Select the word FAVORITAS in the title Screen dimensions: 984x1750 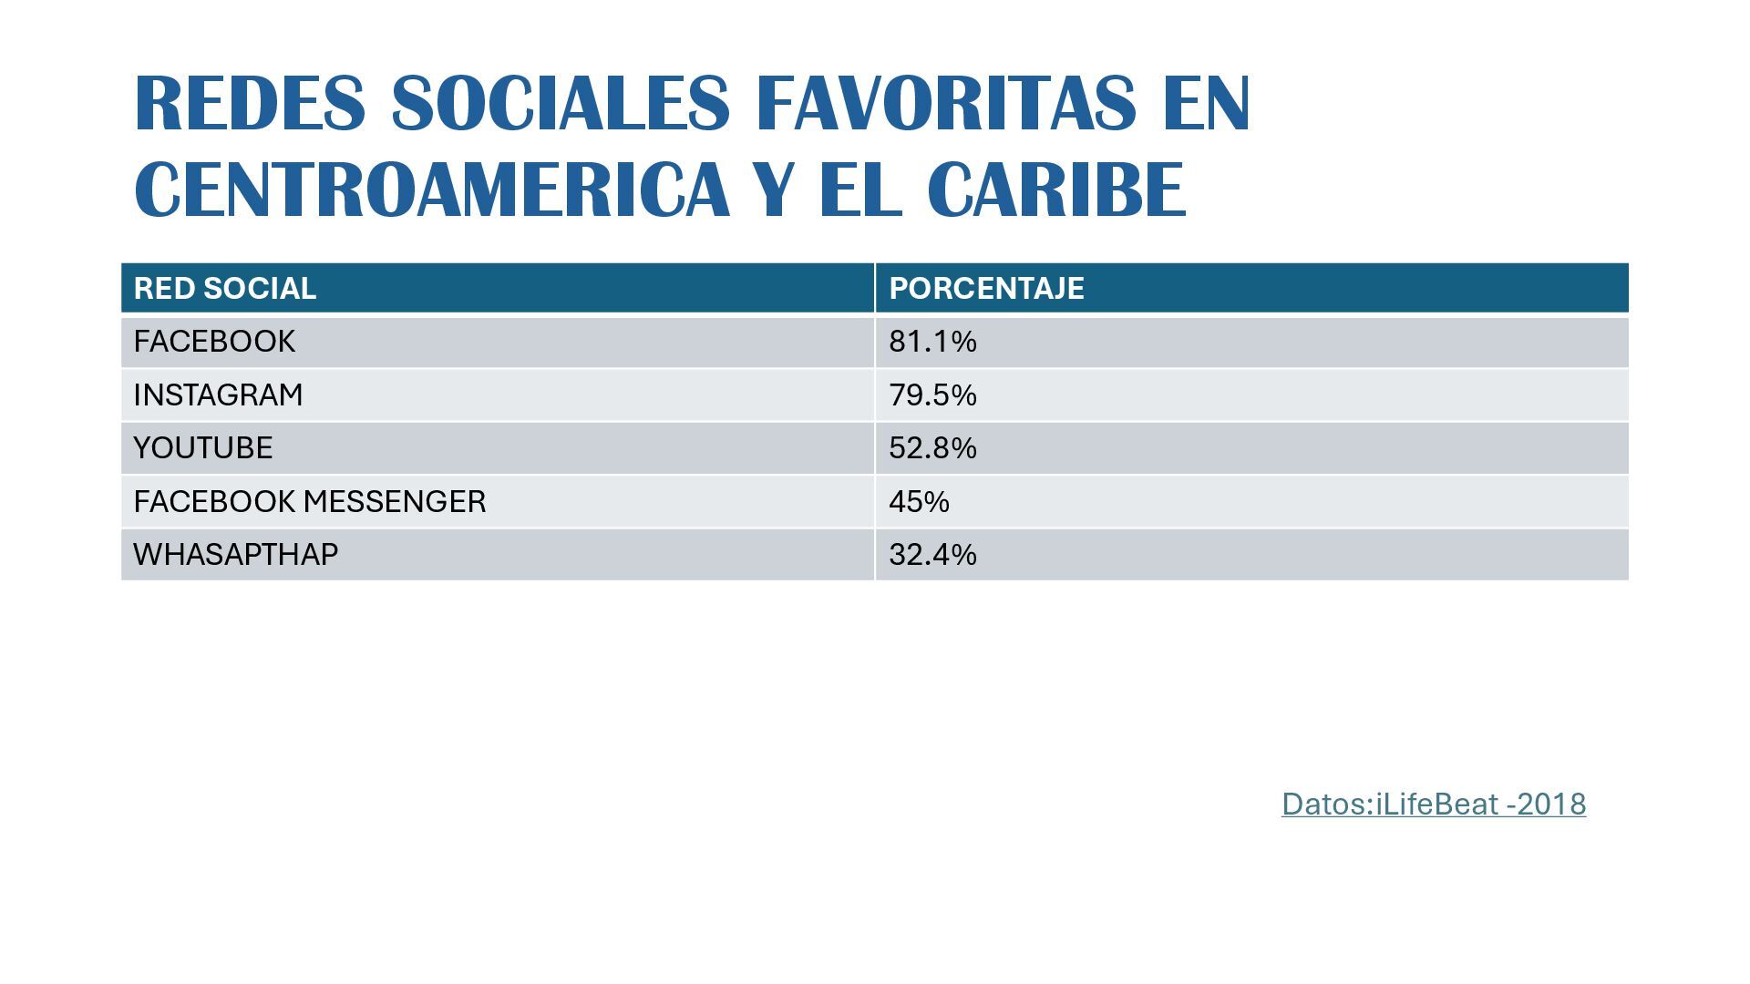pos(946,103)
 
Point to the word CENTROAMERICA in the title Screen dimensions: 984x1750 pos(432,190)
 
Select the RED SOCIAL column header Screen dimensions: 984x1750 pos(225,288)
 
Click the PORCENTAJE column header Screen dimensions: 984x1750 pos(986,288)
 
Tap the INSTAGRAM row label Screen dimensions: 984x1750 pos(218,395)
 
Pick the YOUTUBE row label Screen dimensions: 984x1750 pos(203,447)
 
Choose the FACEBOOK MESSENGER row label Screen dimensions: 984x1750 pos(309,501)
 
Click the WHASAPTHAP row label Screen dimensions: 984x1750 pos(235,554)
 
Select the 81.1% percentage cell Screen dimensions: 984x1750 pos(932,342)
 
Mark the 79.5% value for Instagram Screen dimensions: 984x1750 pos(932,395)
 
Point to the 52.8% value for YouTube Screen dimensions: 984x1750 pos(932,447)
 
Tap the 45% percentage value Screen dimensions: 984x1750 pos(919,501)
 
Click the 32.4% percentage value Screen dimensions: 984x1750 pos(932,554)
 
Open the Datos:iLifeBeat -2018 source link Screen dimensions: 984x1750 pos(1433,804)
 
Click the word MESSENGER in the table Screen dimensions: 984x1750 pos(395,501)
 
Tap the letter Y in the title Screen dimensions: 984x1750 pos(776,190)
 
